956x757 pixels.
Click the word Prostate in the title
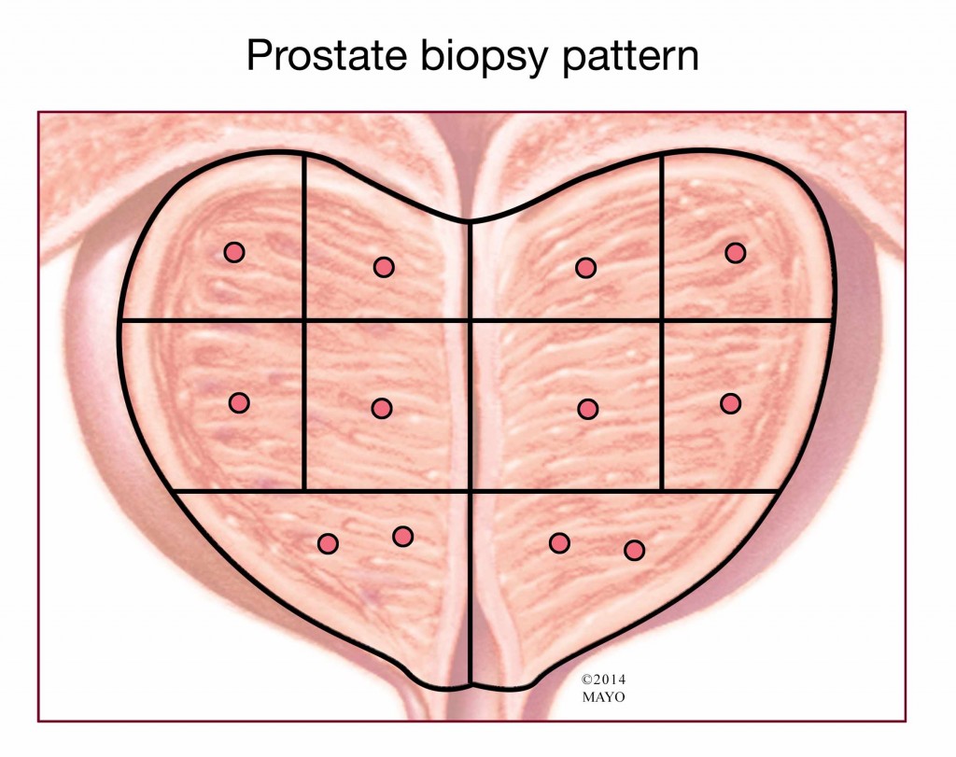click(326, 55)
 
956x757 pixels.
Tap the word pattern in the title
click(629, 56)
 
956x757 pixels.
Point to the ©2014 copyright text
click(603, 680)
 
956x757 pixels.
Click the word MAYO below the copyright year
click(604, 697)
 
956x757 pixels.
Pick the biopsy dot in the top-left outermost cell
click(234, 252)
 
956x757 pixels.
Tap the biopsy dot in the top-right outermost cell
click(736, 252)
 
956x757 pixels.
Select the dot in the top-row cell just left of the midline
click(384, 267)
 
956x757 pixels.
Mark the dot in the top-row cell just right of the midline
click(585, 268)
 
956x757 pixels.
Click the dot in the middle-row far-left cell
click(239, 403)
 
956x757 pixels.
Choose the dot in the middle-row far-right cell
click(730, 403)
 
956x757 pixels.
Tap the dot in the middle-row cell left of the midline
click(382, 408)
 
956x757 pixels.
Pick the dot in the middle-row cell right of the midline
click(588, 409)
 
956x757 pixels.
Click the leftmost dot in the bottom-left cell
click(328, 543)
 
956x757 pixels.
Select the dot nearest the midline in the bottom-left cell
click(402, 537)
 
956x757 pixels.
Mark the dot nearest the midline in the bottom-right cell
click(560, 542)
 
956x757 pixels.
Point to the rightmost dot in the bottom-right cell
click(634, 551)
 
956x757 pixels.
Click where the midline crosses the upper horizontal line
click(471, 319)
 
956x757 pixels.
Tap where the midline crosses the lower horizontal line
click(471, 490)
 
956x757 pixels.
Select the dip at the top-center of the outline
click(470, 220)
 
